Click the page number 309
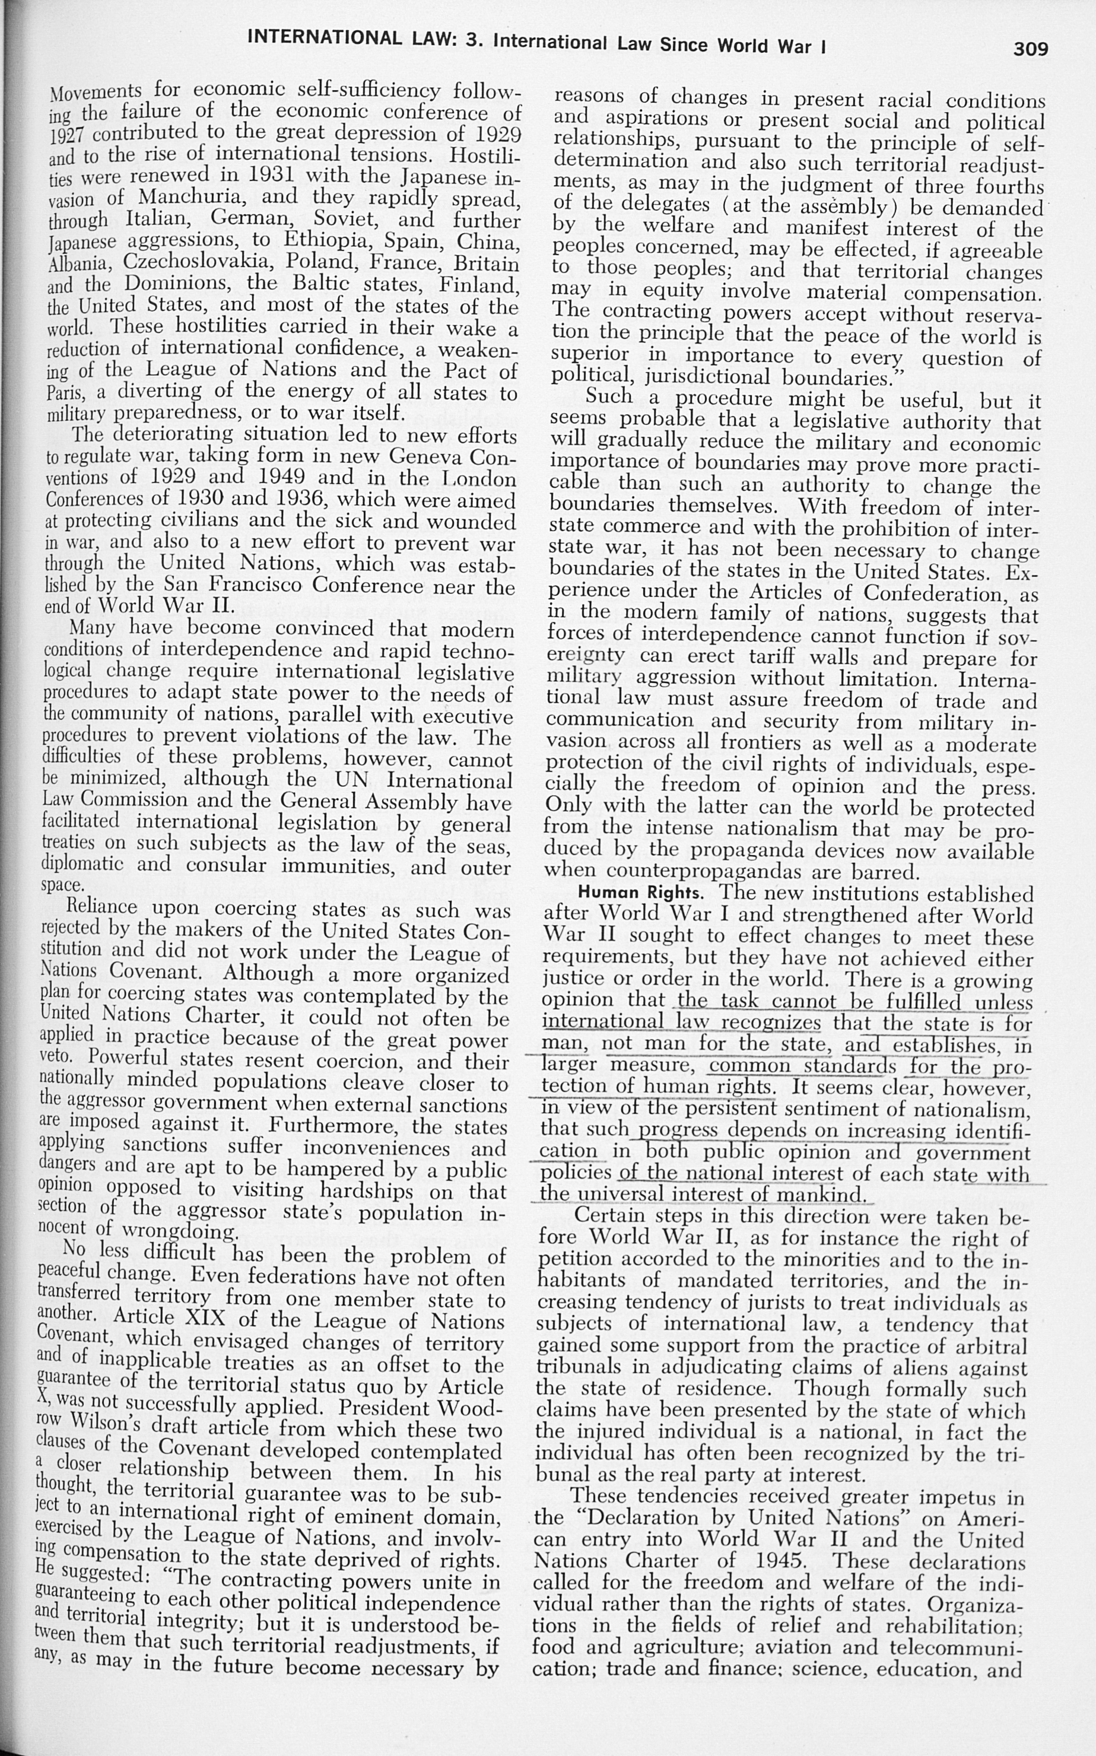pyautogui.click(x=1030, y=49)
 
